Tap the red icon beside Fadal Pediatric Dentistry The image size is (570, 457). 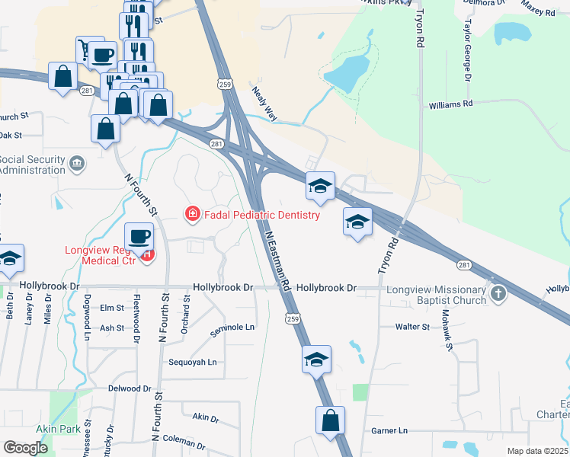coord(193,214)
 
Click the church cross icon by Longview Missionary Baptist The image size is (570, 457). coord(498,293)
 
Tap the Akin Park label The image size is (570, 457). coord(62,430)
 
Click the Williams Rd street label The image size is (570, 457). coord(450,104)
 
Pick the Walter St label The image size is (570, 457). coord(413,327)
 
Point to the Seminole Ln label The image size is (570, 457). coord(232,328)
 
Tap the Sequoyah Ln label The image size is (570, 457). coord(192,363)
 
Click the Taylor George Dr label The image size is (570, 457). coord(466,53)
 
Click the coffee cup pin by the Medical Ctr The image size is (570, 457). coord(139,237)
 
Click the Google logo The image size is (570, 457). coord(25,448)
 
